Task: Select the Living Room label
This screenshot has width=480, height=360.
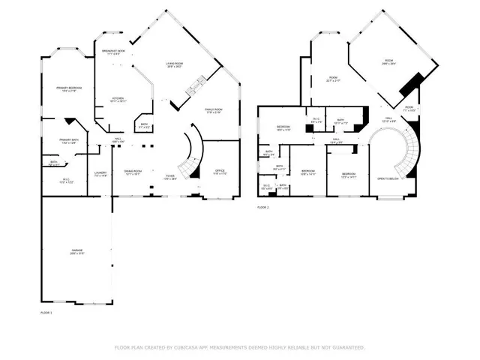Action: coord(175,64)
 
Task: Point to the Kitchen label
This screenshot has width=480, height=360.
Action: coord(118,99)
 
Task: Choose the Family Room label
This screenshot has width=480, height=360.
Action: coord(216,111)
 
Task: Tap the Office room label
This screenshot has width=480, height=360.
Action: coord(220,172)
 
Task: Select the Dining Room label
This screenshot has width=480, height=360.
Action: coord(131,172)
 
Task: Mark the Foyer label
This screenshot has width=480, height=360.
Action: coord(170,177)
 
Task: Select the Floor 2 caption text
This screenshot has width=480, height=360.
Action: coord(263,207)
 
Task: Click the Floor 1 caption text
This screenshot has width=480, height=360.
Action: coord(46,311)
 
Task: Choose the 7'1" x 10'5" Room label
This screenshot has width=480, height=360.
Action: coord(409,109)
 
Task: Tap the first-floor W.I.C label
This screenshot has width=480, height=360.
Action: coord(66,180)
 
